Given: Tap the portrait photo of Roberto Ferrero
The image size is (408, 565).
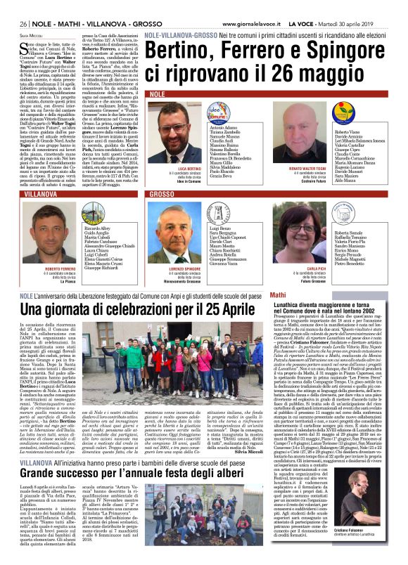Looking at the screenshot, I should click(x=60, y=235).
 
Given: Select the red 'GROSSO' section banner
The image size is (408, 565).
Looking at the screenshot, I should click(x=162, y=193).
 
